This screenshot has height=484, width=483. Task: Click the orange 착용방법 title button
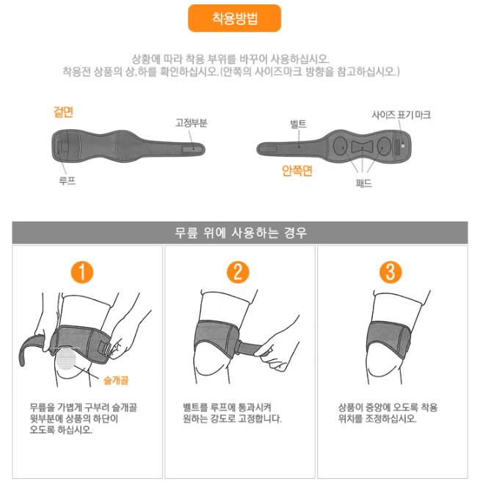pos(235,18)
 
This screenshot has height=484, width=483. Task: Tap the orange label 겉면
pos(63,111)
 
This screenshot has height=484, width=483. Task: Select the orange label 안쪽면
pos(297,171)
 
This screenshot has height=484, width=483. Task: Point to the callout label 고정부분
pos(192,123)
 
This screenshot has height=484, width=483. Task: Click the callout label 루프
pos(68,180)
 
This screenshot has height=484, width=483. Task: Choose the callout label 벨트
pos(298,124)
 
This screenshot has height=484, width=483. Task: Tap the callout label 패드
pos(363,183)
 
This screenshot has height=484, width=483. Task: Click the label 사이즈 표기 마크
pos(401,115)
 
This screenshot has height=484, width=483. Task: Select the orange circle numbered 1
pos(82,272)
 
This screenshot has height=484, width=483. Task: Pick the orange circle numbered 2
pos(238,272)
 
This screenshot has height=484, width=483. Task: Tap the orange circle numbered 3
pos(391,272)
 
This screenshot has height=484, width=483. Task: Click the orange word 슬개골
pos(116,381)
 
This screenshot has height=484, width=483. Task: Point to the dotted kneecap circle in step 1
pos(66,358)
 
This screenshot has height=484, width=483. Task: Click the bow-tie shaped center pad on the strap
pos(362,147)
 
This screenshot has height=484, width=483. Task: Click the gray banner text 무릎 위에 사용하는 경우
pos(241,232)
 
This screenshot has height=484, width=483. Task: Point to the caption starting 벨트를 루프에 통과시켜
pos(232,413)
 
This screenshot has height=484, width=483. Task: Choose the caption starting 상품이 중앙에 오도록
pos(388,413)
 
